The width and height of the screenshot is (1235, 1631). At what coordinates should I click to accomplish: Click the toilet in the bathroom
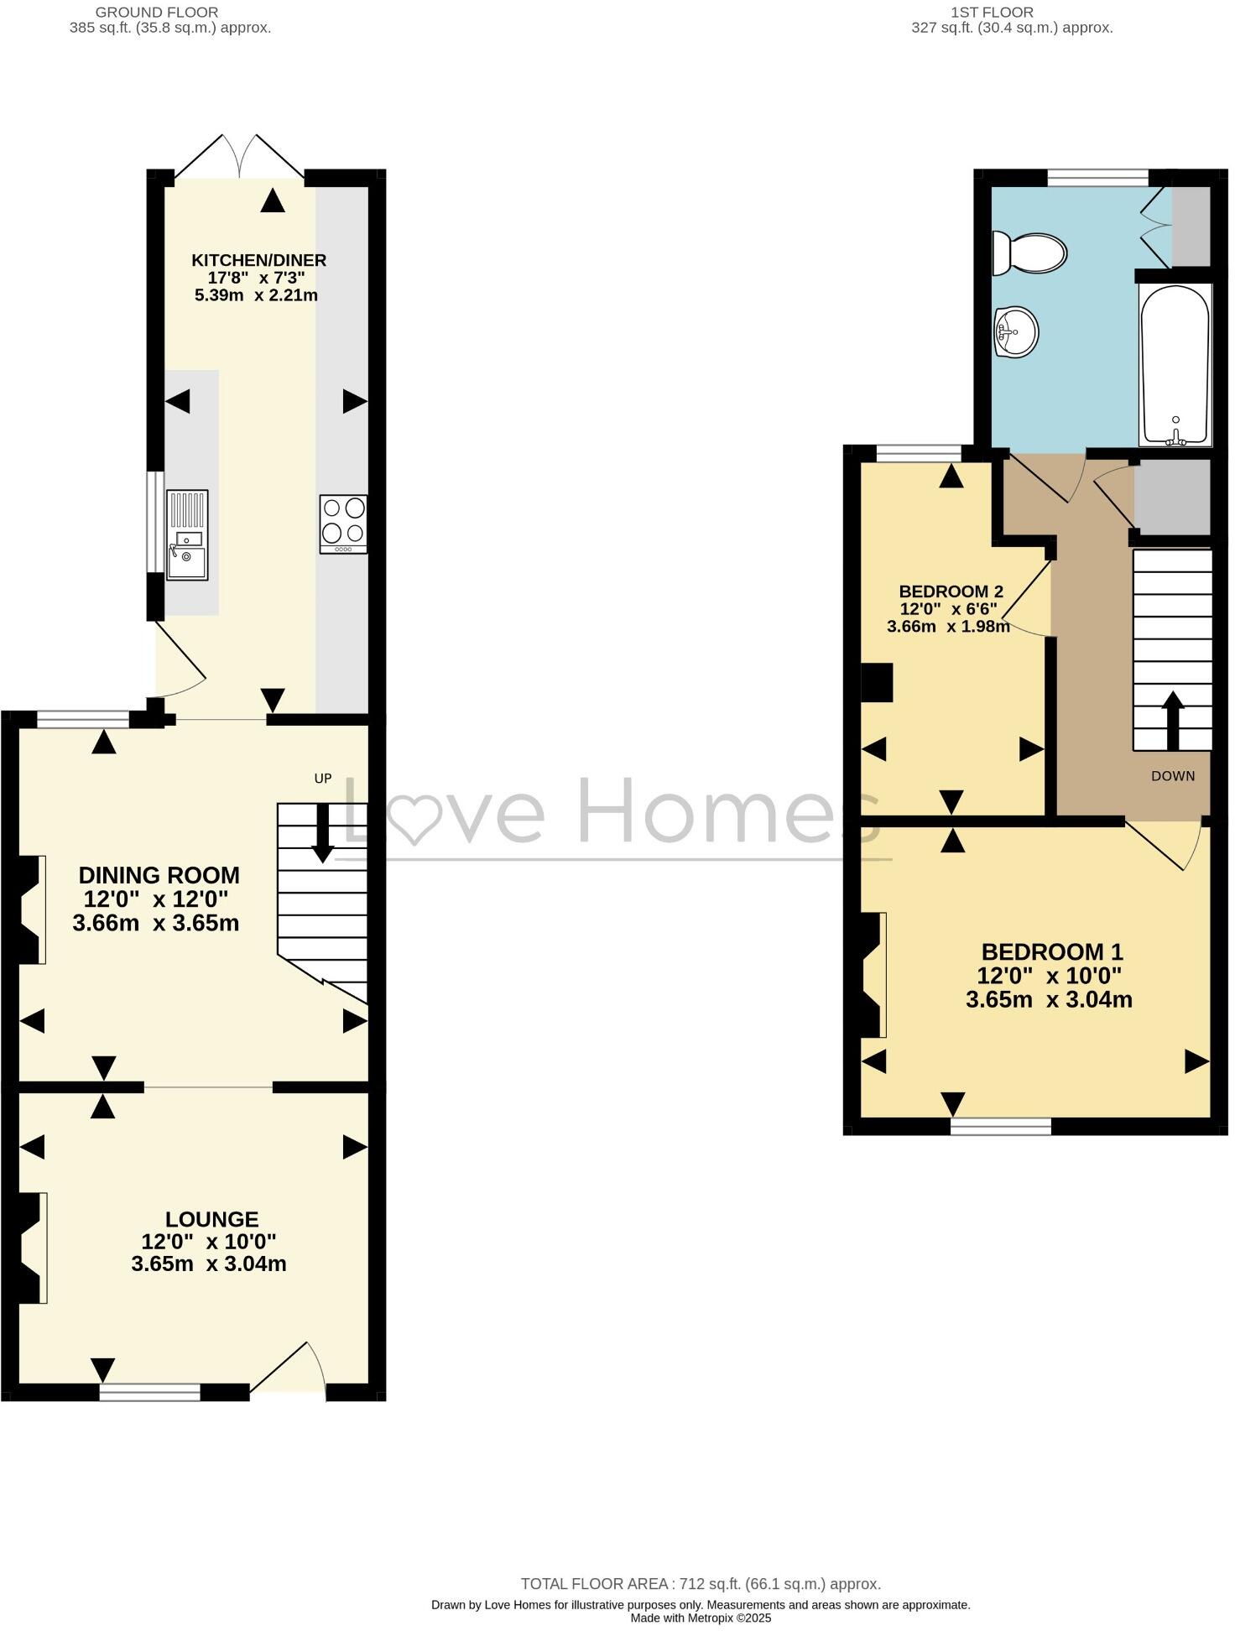(x=1029, y=253)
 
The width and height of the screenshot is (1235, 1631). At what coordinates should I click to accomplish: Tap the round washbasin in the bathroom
(x=1017, y=331)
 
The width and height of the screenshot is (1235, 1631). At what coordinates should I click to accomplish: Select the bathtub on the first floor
(x=1175, y=365)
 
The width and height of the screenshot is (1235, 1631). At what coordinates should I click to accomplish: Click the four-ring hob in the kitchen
(x=344, y=524)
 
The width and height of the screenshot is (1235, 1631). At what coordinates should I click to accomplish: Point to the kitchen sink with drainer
(x=187, y=534)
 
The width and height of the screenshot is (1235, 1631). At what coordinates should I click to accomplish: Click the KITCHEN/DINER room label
(x=258, y=261)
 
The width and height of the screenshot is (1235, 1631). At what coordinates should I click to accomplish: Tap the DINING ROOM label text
(x=159, y=876)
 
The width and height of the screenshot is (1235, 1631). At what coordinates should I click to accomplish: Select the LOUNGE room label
(x=211, y=1219)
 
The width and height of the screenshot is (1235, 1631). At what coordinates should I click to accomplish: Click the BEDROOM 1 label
(x=1051, y=951)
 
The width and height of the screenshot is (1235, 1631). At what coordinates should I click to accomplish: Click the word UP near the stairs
(x=323, y=779)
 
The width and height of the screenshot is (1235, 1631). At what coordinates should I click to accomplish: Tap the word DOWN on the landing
(x=1172, y=776)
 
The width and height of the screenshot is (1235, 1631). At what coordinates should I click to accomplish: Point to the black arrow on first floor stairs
(x=1172, y=720)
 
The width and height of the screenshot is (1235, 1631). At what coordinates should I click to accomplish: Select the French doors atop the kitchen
(x=239, y=158)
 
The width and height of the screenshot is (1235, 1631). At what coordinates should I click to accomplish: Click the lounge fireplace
(x=32, y=1248)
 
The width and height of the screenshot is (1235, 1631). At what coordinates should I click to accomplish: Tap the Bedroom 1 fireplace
(x=873, y=975)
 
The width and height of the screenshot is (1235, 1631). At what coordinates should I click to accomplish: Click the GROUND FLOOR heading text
(x=157, y=13)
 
